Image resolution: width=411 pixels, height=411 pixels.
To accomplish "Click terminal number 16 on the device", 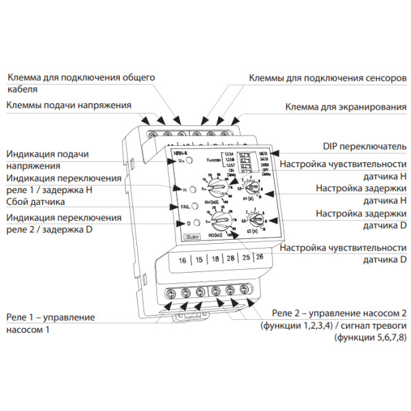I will (182, 260).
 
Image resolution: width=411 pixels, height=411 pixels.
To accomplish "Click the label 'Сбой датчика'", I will (36, 203).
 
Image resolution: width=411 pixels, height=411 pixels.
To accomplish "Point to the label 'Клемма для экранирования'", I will (345, 108).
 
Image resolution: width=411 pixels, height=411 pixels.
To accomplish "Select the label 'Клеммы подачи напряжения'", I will (68, 105).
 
